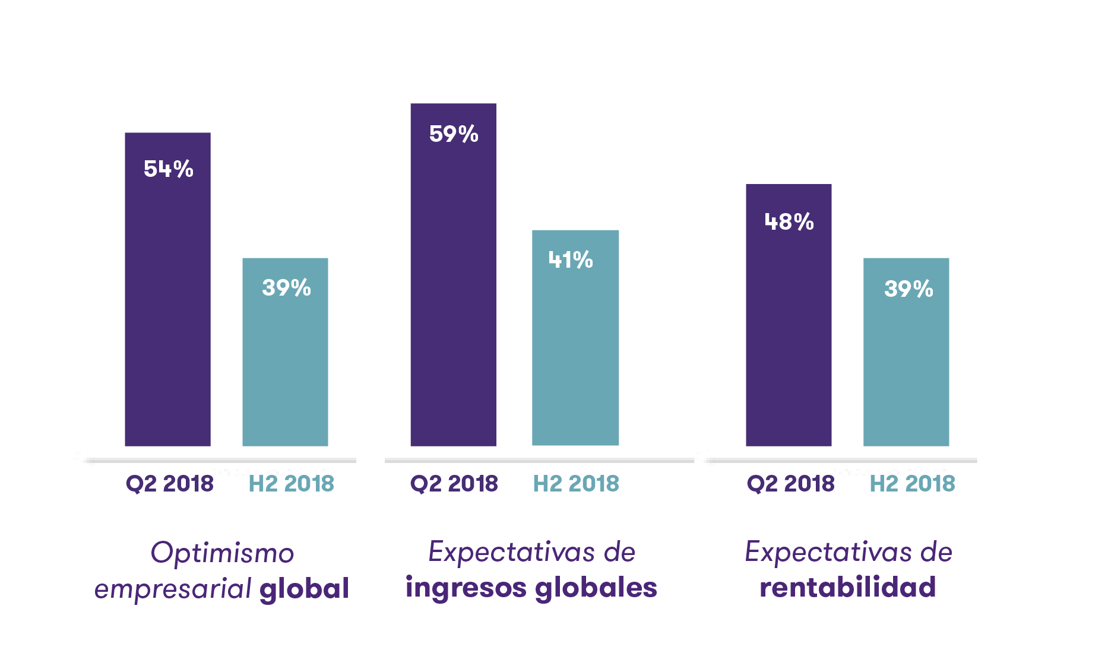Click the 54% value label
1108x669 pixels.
click(169, 169)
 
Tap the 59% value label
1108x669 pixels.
click(454, 134)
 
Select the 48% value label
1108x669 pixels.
click(789, 222)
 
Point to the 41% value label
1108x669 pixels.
click(571, 260)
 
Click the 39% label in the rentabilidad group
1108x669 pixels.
click(908, 289)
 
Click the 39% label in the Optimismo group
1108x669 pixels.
click(287, 288)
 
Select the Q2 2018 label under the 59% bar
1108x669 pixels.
click(454, 484)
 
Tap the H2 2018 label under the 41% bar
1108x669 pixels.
click(576, 484)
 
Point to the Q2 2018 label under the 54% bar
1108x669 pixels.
click(170, 484)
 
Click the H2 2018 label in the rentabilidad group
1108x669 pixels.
click(912, 484)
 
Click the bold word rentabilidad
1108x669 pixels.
click(848, 587)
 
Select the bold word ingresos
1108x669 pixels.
click(466, 588)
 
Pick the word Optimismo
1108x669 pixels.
click(223, 553)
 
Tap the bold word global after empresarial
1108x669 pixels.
click(304, 588)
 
